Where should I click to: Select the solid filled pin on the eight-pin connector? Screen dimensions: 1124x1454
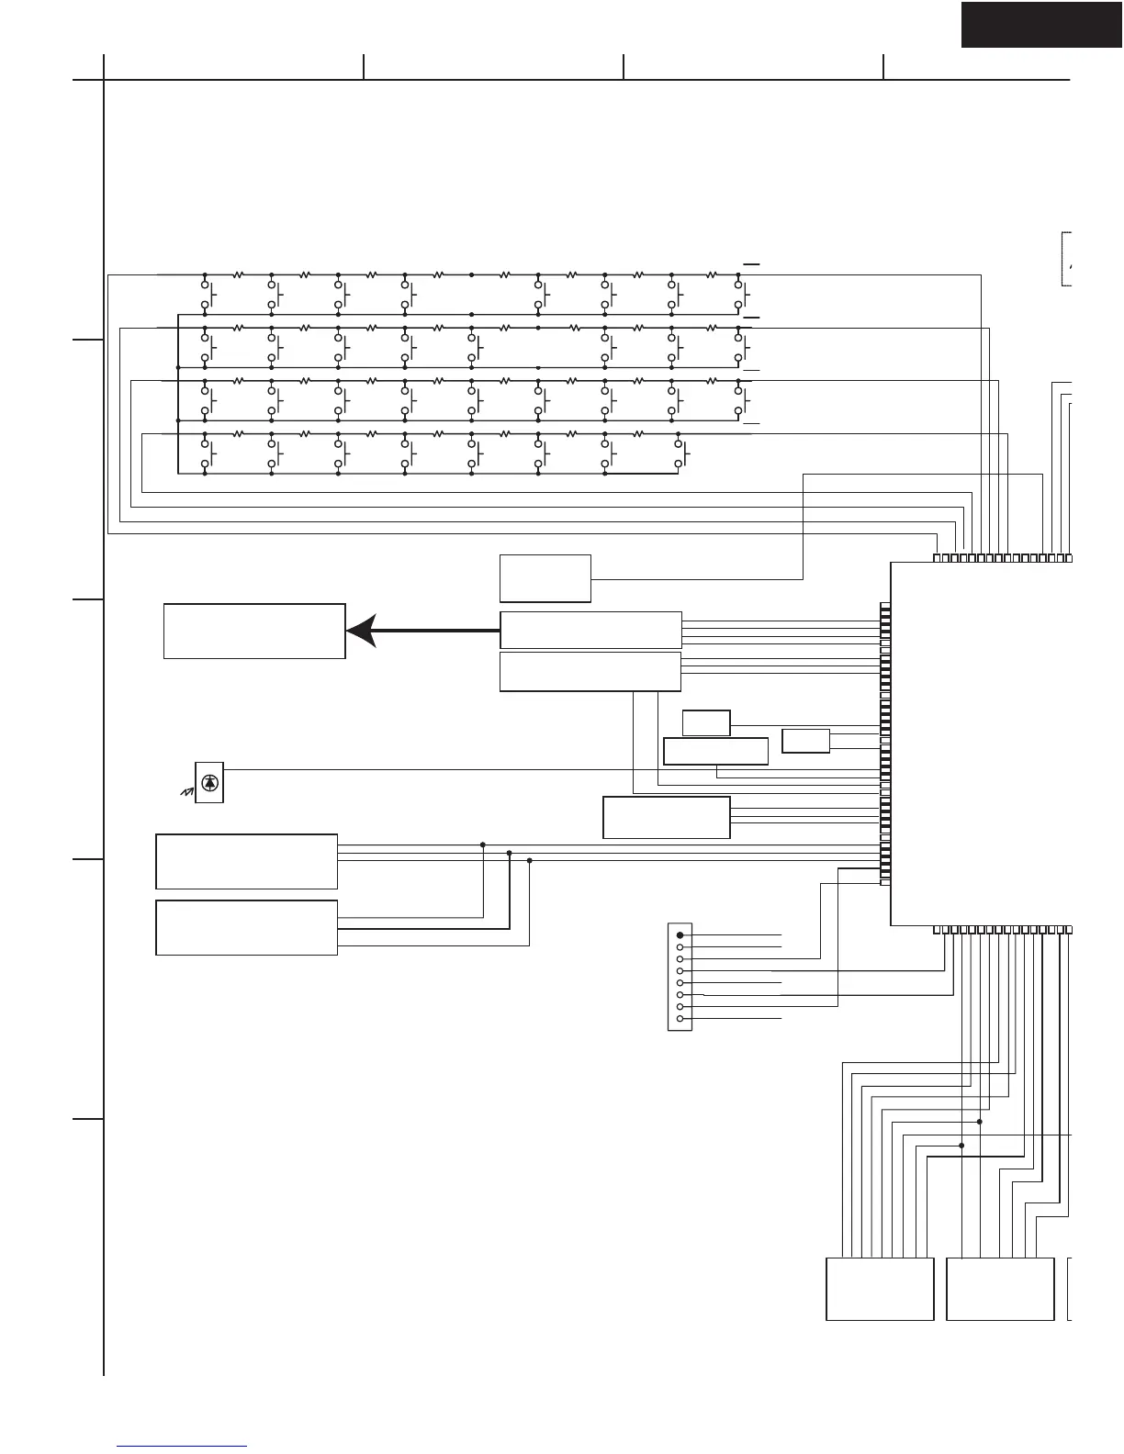click(680, 934)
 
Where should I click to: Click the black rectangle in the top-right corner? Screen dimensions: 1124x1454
click(1041, 24)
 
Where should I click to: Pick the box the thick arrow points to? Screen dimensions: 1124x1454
click(254, 631)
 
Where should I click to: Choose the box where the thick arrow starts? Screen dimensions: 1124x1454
click(590, 631)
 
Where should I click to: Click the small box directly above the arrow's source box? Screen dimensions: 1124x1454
click(545, 578)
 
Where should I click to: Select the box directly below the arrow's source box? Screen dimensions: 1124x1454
click(590, 671)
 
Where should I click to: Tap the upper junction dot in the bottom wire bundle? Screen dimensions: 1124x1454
click(980, 1122)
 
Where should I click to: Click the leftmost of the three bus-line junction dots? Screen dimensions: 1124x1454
click(483, 844)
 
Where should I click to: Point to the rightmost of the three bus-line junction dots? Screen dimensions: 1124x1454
click(530, 861)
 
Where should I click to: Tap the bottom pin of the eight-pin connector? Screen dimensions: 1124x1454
click(680, 1019)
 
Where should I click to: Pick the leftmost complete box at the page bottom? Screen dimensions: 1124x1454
click(880, 1289)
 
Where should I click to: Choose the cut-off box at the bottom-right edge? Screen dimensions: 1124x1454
click(1071, 1289)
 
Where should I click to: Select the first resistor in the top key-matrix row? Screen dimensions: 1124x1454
click(238, 274)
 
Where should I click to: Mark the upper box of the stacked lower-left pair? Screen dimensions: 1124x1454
click(247, 861)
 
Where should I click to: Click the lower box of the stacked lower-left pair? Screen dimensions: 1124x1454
click(247, 928)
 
